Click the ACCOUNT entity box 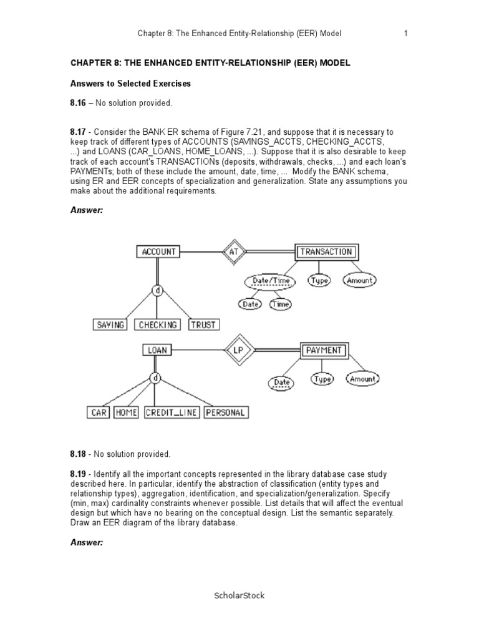point(159,252)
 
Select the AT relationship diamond point(233,252)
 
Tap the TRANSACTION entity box point(326,252)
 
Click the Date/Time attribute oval point(271,281)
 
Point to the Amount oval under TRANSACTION point(360,281)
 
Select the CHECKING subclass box point(157,324)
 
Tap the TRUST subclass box point(203,324)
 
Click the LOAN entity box point(157,350)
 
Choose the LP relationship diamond point(238,350)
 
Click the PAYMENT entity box point(324,350)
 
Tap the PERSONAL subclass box point(226,412)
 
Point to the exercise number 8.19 point(78,476)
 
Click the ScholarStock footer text point(239,595)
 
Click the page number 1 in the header point(405,33)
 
